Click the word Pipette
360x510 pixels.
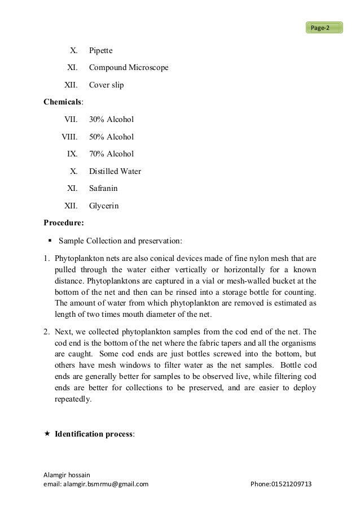coord(101,51)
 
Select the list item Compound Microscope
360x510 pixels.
coord(129,68)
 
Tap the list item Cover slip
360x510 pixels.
coord(106,85)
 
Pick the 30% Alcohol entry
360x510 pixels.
coord(111,120)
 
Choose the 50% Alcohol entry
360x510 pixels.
coord(111,137)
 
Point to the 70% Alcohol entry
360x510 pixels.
coord(111,154)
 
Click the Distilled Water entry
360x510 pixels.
coord(115,171)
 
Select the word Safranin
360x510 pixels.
coord(104,188)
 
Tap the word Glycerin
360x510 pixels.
coord(104,206)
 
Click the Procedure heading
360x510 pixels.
coord(64,223)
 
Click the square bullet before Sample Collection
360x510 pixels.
coord(50,241)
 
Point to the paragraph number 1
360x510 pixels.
coord(47,258)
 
